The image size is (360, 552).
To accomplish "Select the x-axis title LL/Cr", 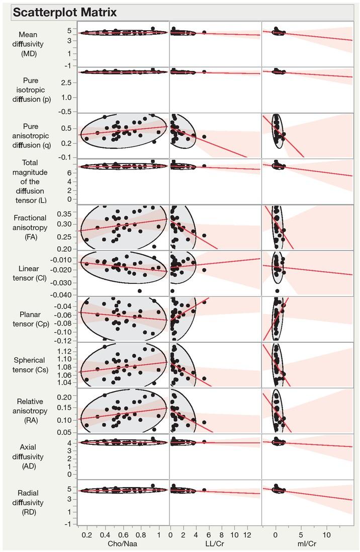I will (215, 543).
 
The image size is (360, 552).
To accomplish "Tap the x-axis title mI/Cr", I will (307, 543).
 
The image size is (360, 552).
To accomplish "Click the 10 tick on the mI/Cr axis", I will (326, 533).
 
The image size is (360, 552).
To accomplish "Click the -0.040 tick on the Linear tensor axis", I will (63, 295).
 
